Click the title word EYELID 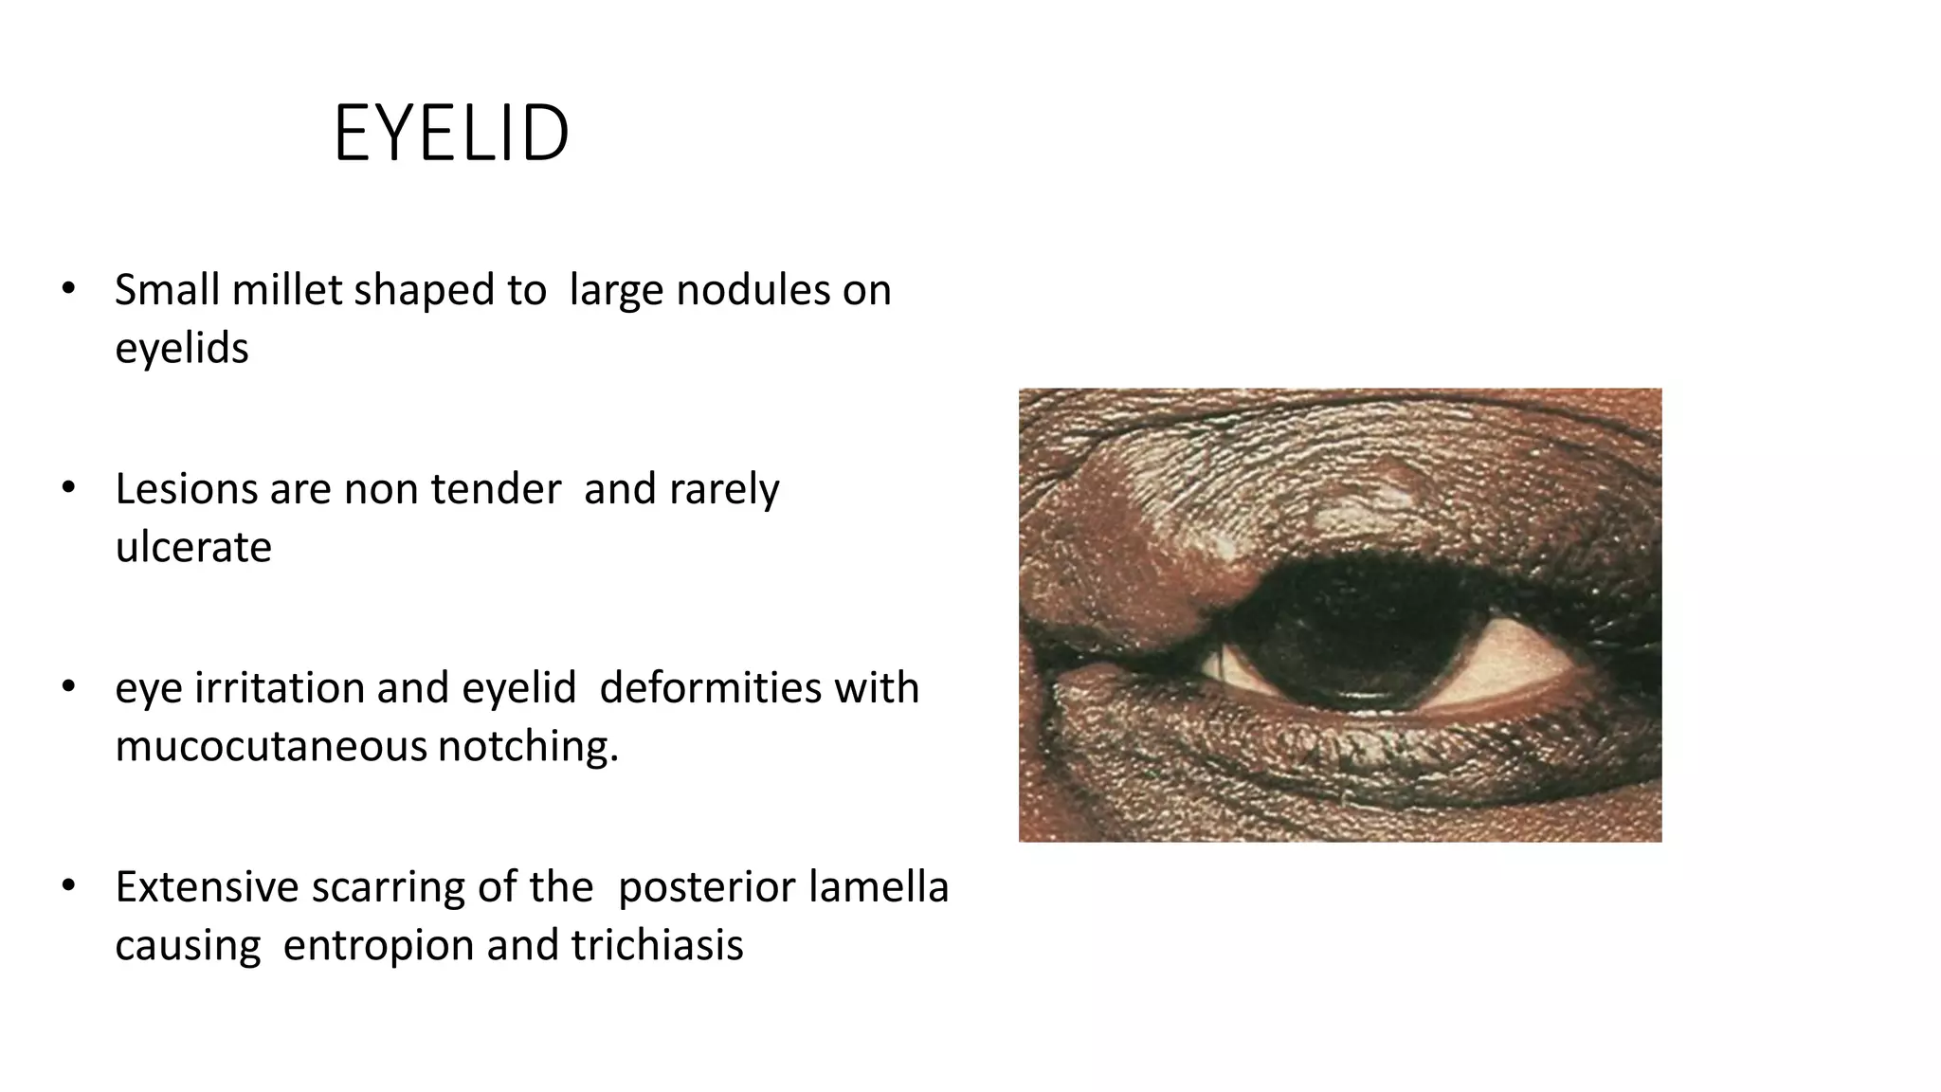451,134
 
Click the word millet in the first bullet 290,290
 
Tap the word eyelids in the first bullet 181,348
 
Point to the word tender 496,489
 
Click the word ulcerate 193,547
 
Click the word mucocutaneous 271,746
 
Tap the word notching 527,746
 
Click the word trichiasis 657,945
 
